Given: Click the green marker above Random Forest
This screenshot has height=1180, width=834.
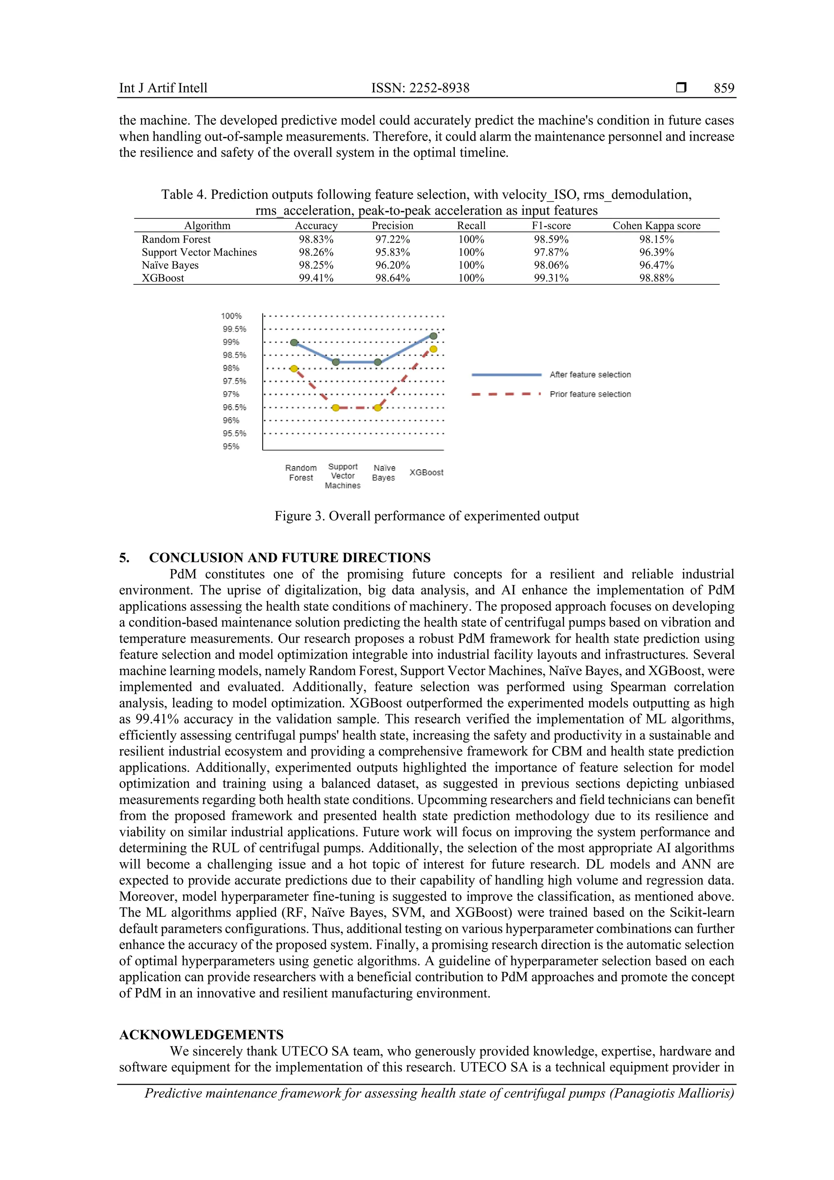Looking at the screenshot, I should [x=294, y=342].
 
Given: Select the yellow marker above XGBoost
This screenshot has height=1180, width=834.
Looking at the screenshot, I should [x=433, y=349].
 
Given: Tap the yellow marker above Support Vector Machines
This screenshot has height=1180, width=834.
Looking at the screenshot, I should [x=335, y=407].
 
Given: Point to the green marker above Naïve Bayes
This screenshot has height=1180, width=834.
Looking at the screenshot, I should [x=377, y=362].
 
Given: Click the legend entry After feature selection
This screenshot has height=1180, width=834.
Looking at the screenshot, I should [x=590, y=375].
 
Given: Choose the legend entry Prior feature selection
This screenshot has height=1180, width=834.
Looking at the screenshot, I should [x=590, y=394].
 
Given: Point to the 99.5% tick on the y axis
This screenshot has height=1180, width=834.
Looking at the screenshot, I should [x=234, y=329].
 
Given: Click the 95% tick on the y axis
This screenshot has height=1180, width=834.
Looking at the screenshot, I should [x=231, y=447].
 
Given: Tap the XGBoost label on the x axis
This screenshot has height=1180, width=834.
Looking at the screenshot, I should [x=426, y=472].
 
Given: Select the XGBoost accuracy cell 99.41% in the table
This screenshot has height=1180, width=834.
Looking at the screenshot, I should [x=316, y=278].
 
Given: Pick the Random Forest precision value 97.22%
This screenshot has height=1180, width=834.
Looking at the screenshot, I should [x=392, y=240].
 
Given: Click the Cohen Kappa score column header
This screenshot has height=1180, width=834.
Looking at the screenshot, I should [x=656, y=226].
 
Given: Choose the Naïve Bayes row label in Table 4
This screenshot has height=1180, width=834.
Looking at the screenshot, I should [x=170, y=265].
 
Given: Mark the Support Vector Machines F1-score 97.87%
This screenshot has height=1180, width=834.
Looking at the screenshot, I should [x=551, y=252].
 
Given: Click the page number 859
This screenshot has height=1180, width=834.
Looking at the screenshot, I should [x=724, y=88].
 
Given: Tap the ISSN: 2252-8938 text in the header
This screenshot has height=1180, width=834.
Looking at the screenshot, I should [x=420, y=88].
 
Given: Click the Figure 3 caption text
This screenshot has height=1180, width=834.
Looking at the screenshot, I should [x=426, y=516].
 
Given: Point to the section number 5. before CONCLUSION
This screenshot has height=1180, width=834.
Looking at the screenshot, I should [x=124, y=558].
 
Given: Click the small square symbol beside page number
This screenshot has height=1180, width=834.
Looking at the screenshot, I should [x=681, y=88].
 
